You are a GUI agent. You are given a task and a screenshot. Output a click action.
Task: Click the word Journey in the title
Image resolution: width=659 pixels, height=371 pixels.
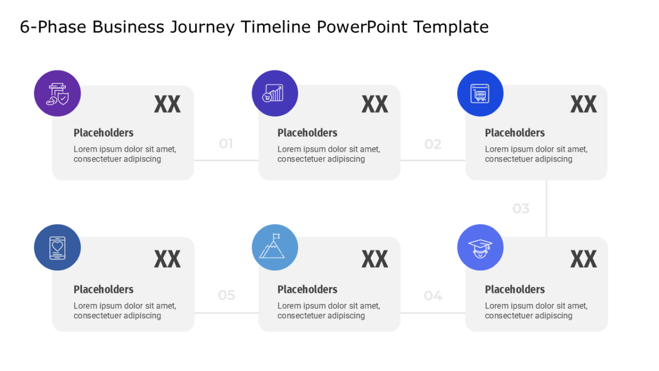(202, 27)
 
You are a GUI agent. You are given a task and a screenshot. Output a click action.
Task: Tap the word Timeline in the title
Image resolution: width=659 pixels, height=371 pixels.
(276, 26)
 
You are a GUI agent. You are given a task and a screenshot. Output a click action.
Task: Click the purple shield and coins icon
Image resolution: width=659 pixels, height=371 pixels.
(57, 93)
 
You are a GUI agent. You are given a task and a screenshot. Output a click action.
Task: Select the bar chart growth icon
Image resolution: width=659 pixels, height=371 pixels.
(275, 93)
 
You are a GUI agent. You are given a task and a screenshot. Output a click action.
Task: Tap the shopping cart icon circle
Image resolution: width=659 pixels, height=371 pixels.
(480, 93)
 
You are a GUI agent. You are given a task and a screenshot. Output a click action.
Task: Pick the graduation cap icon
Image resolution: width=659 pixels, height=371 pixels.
(480, 247)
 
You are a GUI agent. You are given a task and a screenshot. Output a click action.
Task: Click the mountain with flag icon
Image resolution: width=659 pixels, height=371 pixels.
(275, 247)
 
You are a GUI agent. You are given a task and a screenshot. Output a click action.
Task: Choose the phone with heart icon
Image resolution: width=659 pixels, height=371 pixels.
(57, 247)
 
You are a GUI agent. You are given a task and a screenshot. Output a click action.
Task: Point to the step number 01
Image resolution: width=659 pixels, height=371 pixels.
(226, 143)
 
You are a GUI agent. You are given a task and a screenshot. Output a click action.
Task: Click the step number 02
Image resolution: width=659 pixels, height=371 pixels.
(433, 144)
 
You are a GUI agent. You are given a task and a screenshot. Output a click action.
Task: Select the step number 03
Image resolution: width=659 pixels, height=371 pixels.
(521, 208)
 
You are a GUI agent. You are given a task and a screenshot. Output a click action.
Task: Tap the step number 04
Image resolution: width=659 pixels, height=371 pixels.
(433, 295)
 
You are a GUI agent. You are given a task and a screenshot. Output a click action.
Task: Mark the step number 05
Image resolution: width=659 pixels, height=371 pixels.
(226, 295)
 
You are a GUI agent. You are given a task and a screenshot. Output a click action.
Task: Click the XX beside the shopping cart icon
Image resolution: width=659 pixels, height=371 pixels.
(584, 104)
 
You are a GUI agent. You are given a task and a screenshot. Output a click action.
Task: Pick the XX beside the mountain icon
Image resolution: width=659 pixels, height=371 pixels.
(375, 259)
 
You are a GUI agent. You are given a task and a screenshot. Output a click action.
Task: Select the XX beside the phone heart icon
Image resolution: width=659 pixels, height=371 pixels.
(167, 259)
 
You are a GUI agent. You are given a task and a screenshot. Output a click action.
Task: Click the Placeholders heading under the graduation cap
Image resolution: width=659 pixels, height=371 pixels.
(515, 290)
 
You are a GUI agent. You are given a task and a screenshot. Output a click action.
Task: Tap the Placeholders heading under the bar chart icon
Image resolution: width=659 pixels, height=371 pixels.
(308, 133)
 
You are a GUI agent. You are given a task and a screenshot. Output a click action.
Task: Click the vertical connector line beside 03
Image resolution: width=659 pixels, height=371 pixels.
(546, 208)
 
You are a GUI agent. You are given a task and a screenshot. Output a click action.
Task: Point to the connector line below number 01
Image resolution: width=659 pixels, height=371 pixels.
(226, 160)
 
